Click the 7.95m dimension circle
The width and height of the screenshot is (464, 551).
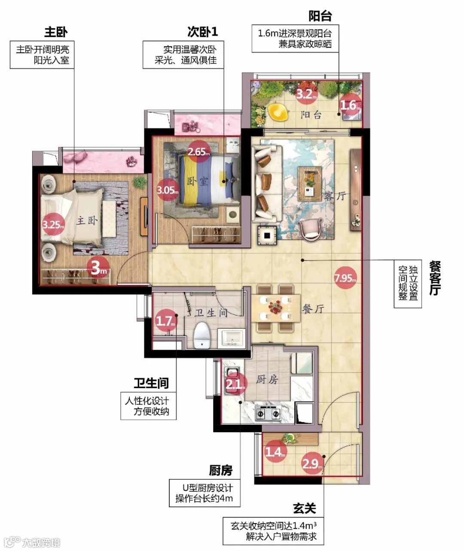pyautogui.click(x=345, y=278)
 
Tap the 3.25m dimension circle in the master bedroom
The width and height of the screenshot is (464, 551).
pyautogui.click(x=54, y=224)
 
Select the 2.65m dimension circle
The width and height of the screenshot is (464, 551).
pyautogui.click(x=198, y=151)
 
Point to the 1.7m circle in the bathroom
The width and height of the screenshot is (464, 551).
pyautogui.click(x=166, y=321)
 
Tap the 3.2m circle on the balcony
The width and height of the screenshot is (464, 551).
pyautogui.click(x=306, y=94)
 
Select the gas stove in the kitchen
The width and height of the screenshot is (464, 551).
pyautogui.click(x=268, y=414)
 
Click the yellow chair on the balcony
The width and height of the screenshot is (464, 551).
pyautogui.click(x=278, y=112)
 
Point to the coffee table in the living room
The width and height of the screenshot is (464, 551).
pyautogui.click(x=310, y=184)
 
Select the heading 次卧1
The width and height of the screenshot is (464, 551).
pyautogui.click(x=203, y=32)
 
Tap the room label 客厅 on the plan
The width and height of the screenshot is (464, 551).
pyautogui.click(x=335, y=196)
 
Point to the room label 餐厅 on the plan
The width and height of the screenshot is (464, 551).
pyautogui.click(x=313, y=308)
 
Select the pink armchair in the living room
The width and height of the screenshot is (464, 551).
pyautogui.click(x=311, y=229)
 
